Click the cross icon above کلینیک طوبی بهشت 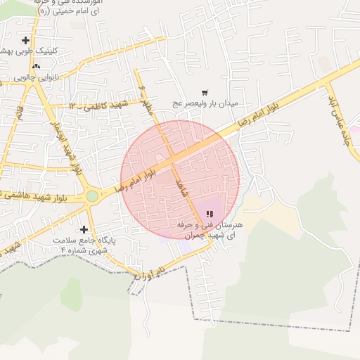[x=26, y=40]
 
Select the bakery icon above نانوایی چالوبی [x=35, y=66]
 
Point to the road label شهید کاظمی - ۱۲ [x=95, y=105]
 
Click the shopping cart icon [x=205, y=92]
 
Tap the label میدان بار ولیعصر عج [x=206, y=103]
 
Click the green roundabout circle [x=92, y=196]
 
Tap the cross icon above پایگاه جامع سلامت [x=84, y=229]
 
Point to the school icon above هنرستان [x=208, y=214]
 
